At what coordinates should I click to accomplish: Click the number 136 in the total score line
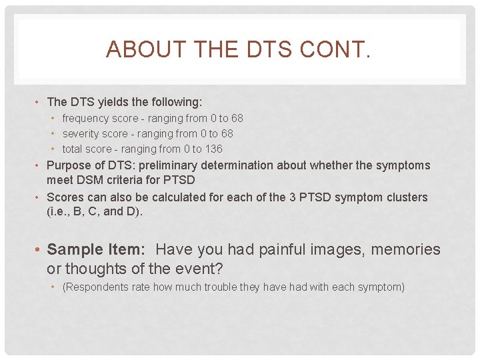[213, 149]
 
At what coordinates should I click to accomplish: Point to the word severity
[80, 133]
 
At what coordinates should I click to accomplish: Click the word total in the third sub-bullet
[73, 149]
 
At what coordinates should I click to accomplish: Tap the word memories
[405, 249]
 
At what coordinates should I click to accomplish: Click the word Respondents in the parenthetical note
[93, 287]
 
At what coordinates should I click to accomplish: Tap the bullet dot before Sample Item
[39, 250]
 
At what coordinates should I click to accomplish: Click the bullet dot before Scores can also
[39, 198]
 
